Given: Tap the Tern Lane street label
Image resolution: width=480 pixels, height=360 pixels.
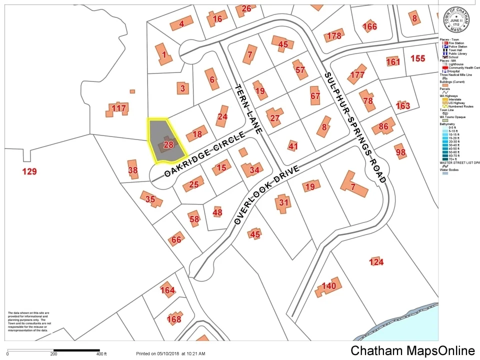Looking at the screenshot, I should (x=248, y=108).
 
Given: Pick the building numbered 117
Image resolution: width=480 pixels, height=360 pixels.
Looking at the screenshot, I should (x=119, y=108).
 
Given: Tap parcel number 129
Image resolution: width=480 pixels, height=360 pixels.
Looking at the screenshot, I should (x=29, y=172).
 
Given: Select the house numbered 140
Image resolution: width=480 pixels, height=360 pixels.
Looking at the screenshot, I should (x=328, y=286).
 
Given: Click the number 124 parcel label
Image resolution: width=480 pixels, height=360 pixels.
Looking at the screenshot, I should (x=376, y=262).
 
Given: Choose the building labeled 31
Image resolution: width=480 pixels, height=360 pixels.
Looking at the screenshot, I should (x=283, y=202).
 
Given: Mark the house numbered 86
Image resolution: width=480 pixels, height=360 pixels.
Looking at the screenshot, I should (x=384, y=126).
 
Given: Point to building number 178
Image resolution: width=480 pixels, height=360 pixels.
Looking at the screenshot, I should (x=333, y=36).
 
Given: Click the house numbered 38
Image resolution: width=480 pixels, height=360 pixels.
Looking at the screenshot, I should (x=132, y=170).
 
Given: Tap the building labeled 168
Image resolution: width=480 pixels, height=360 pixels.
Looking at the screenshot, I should (x=173, y=318).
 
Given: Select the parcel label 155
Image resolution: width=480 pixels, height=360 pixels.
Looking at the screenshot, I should (x=417, y=58).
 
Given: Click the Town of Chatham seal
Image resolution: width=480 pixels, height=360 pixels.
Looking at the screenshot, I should (x=456, y=19).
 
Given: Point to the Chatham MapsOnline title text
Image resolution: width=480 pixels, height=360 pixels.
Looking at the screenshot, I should (x=412, y=350).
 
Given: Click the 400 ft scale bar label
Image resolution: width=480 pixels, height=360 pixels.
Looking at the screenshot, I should (x=101, y=353).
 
